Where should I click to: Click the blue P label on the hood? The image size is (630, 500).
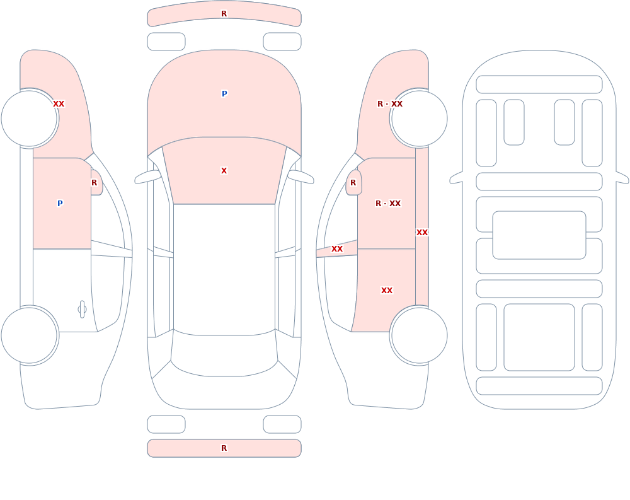(224, 94)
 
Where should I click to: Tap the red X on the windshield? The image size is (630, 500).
(224, 171)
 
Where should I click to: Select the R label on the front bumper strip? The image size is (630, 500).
(224, 14)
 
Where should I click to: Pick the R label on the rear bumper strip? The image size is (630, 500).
(224, 448)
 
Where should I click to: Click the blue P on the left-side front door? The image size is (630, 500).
(60, 203)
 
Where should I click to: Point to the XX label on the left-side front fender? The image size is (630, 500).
(59, 104)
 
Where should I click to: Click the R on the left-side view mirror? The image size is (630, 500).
(94, 183)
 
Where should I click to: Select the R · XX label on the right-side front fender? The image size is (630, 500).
(390, 104)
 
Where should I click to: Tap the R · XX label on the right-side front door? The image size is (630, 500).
(388, 203)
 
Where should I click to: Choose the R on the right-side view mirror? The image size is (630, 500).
(353, 183)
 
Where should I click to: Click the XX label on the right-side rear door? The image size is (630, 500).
(387, 291)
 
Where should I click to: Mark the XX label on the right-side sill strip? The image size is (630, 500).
(422, 233)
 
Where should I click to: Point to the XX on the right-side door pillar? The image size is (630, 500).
(336, 249)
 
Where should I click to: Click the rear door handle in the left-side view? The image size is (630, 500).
(82, 310)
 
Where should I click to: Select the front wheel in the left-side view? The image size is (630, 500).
(30, 119)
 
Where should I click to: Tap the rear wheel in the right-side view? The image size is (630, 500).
(419, 335)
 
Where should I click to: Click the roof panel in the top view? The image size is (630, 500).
(224, 269)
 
